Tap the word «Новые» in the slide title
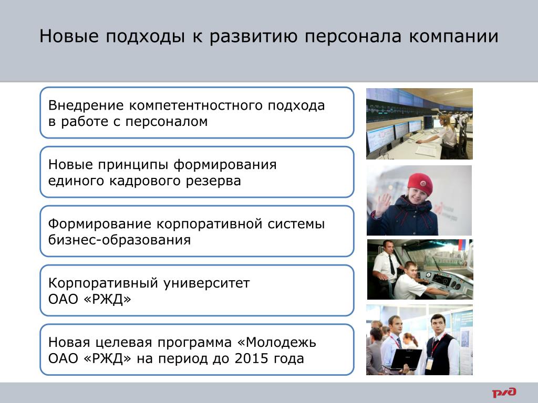[x=69, y=36]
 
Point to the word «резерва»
[x=213, y=181]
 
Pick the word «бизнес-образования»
[x=119, y=240]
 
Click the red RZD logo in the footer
[x=504, y=392]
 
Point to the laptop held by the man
[x=405, y=359]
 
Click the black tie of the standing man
[x=391, y=264]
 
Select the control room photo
[x=419, y=124]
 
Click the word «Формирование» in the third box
[x=100, y=225]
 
